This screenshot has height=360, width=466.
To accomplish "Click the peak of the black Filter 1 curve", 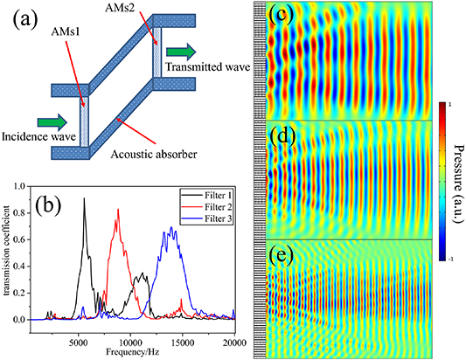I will coord(85,199).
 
